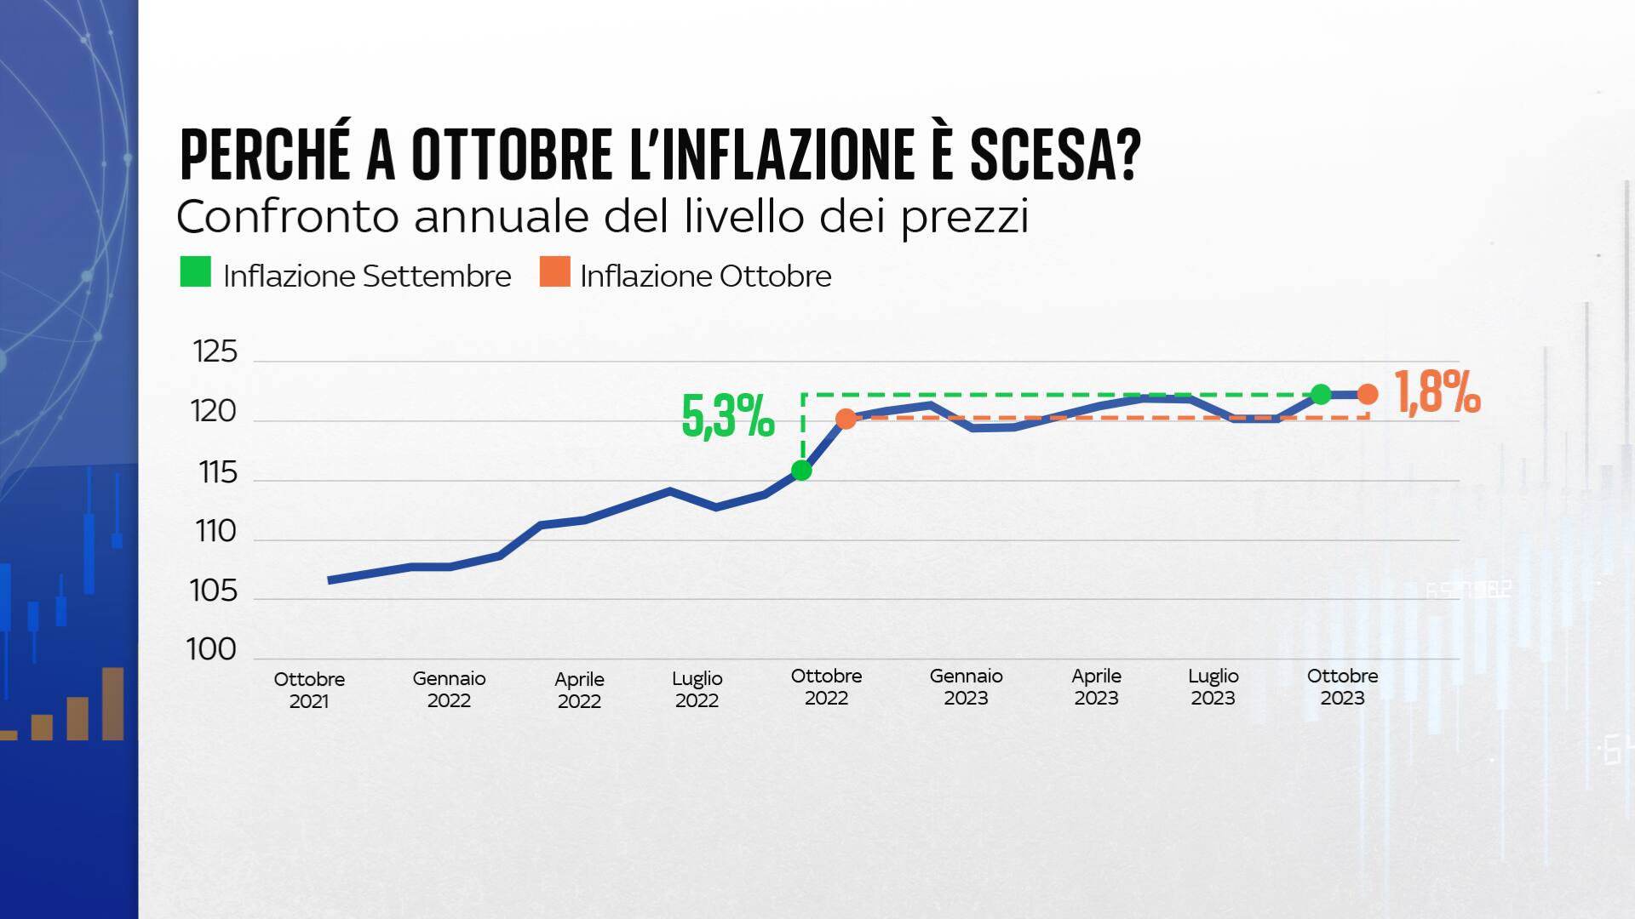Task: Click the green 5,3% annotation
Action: [x=728, y=417]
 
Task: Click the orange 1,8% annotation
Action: [x=1438, y=393]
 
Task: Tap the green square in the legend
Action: [x=195, y=272]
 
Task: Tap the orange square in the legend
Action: [x=554, y=272]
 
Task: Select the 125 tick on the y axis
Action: [x=215, y=352]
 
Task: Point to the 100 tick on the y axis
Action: [x=211, y=650]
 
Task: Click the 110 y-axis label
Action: [x=215, y=532]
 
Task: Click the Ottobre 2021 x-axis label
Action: [x=309, y=690]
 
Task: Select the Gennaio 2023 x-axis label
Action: [x=966, y=688]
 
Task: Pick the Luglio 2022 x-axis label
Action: [x=697, y=689]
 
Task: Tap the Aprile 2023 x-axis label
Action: [x=1096, y=688]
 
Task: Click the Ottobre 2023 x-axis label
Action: [x=1342, y=688]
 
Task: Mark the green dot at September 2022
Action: [x=801, y=471]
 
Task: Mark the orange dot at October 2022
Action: [x=846, y=419]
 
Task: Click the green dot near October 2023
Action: [x=1321, y=394]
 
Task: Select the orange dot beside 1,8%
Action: [x=1368, y=394]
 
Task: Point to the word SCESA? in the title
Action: [x=1055, y=156]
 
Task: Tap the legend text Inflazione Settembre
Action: [x=367, y=277]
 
